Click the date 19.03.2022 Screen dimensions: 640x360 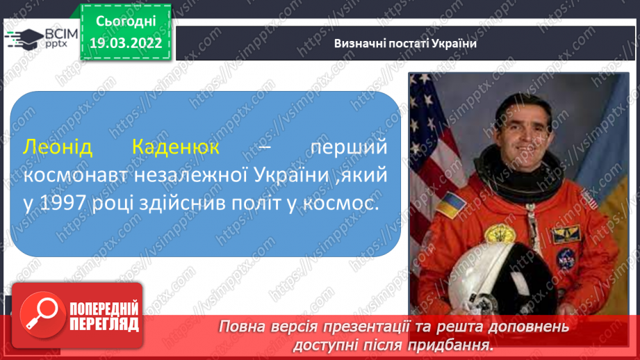(x=126, y=43)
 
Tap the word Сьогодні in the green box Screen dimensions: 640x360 (x=126, y=22)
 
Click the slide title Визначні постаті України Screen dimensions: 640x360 (x=405, y=44)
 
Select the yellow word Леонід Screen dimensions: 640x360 (x=58, y=147)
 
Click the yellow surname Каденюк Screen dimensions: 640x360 (x=176, y=147)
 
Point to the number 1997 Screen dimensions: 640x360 (x=63, y=203)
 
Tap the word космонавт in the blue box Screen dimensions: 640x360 (x=76, y=176)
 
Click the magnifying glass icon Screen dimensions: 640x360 (x=42, y=315)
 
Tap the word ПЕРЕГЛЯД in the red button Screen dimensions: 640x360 (x=104, y=325)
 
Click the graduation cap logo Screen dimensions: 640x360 (x=24, y=39)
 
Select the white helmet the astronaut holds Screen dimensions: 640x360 (x=501, y=281)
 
